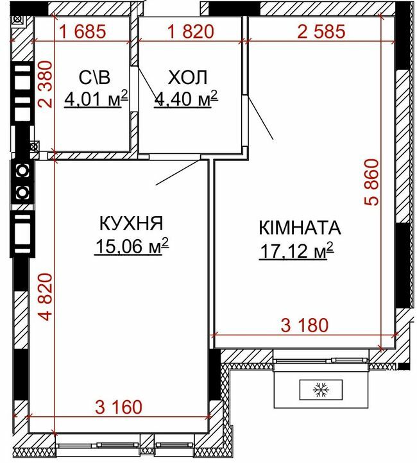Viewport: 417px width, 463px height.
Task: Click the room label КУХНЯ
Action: coord(131,223)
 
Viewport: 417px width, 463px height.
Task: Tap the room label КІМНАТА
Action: coord(300,228)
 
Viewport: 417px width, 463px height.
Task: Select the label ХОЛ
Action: coord(187,78)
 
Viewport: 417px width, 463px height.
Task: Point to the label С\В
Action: coord(94,78)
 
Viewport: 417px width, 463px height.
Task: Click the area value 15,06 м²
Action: coord(132,246)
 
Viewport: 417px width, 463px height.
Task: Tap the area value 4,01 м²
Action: coord(96,99)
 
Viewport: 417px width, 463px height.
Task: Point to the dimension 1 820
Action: coord(191,31)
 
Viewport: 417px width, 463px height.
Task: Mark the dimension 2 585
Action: coord(321,31)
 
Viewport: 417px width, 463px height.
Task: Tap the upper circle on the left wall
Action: coord(21,171)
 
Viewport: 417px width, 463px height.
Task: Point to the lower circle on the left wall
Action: coord(21,191)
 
